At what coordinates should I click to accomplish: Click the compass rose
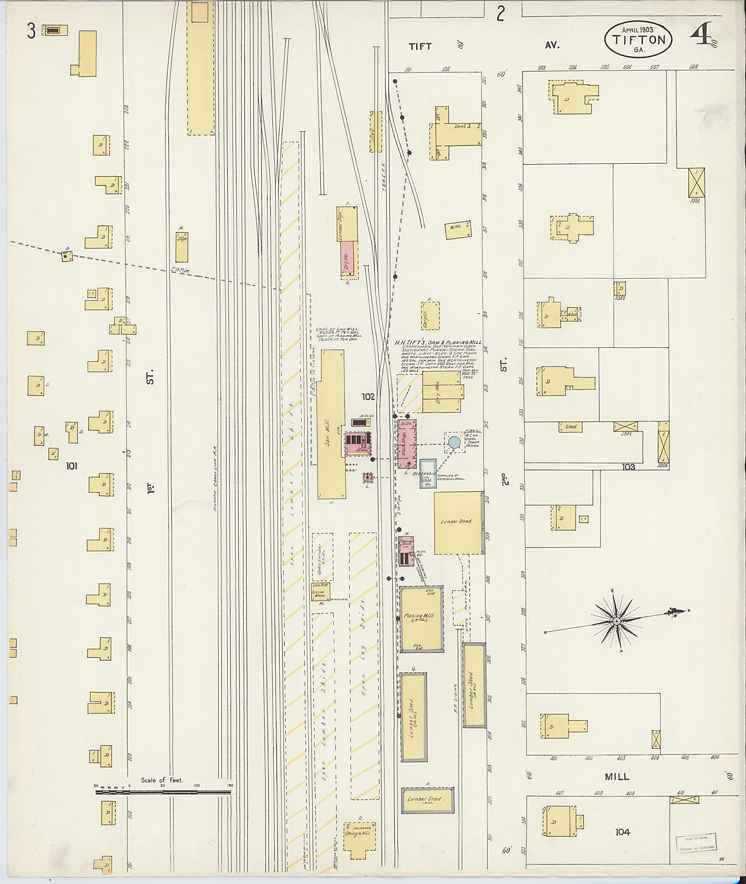pyautogui.click(x=617, y=621)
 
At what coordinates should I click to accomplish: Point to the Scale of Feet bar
pyautogui.click(x=163, y=792)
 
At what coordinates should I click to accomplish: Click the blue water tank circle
pyautogui.click(x=454, y=442)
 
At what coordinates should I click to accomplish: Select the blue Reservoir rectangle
pyautogui.click(x=428, y=474)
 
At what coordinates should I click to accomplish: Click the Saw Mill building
pyautogui.click(x=331, y=425)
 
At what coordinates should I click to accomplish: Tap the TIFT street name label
pyautogui.click(x=420, y=46)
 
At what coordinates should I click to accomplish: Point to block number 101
pyautogui.click(x=71, y=466)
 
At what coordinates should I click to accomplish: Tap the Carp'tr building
pyautogui.click(x=430, y=315)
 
